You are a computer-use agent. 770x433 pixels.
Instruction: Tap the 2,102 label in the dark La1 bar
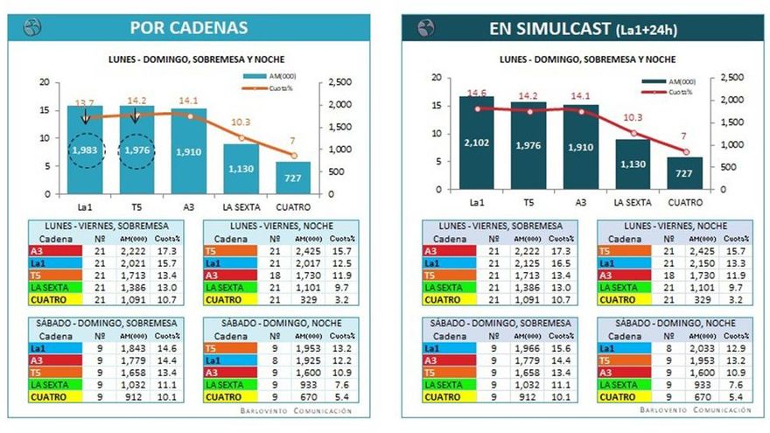click(476, 143)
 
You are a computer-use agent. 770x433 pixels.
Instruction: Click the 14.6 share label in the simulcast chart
click(476, 93)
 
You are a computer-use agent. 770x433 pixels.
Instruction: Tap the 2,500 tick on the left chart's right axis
click(339, 81)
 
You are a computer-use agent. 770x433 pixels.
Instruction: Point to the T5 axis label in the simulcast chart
click(528, 203)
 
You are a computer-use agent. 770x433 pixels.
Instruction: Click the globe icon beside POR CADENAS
click(31, 27)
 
